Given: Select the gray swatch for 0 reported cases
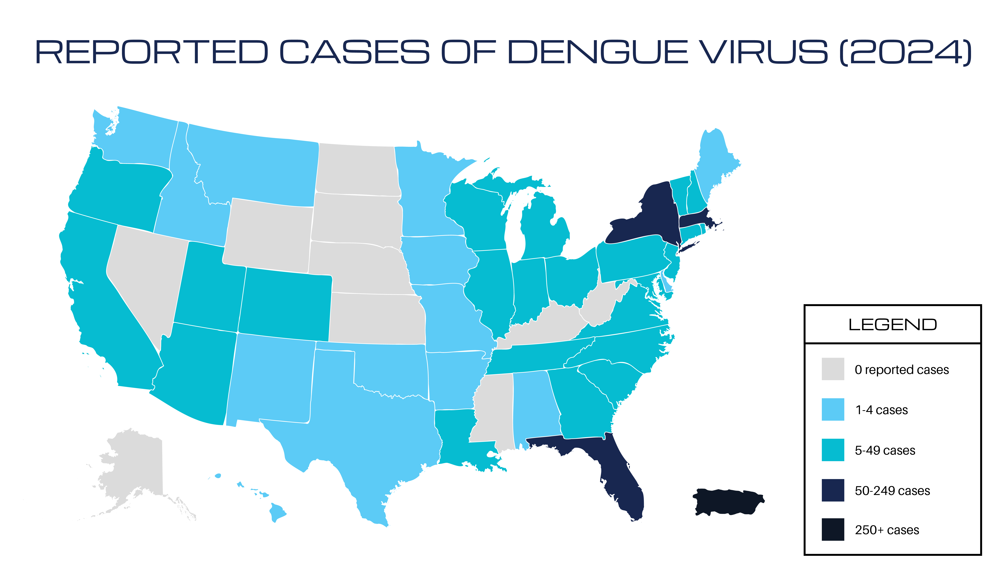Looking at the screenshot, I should coord(833,369).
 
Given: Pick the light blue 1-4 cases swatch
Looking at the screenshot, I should coord(833,409).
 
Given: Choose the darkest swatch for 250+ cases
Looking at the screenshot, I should coord(833,529).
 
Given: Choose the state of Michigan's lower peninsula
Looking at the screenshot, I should coord(543,232).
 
